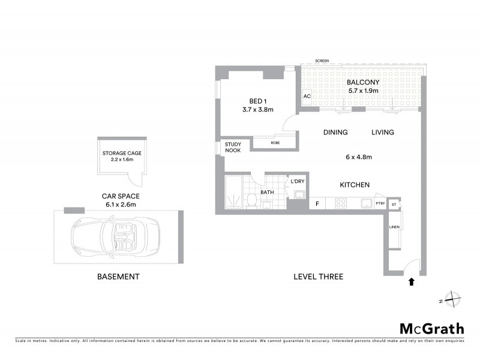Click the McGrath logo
point(432,328)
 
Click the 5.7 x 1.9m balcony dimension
point(363,91)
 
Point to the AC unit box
point(307,97)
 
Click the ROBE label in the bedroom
point(275,143)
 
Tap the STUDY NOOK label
point(233,148)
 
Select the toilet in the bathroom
point(252,199)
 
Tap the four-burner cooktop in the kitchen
point(340,204)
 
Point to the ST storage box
point(394,204)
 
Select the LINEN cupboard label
point(394,227)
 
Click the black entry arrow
point(412,281)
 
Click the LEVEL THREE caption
point(318,277)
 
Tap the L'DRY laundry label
point(296,181)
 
